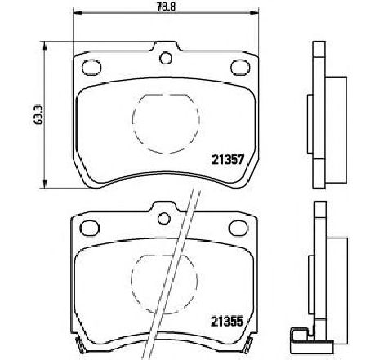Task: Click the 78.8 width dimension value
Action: [167, 7]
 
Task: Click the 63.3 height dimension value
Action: [39, 115]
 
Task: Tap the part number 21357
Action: [227, 160]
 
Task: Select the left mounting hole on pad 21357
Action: [91, 68]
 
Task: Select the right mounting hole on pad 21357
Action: [240, 68]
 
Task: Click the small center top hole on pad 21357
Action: [166, 58]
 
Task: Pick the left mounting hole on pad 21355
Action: [90, 228]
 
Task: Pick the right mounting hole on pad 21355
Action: [239, 228]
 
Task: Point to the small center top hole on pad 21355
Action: [164, 219]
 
